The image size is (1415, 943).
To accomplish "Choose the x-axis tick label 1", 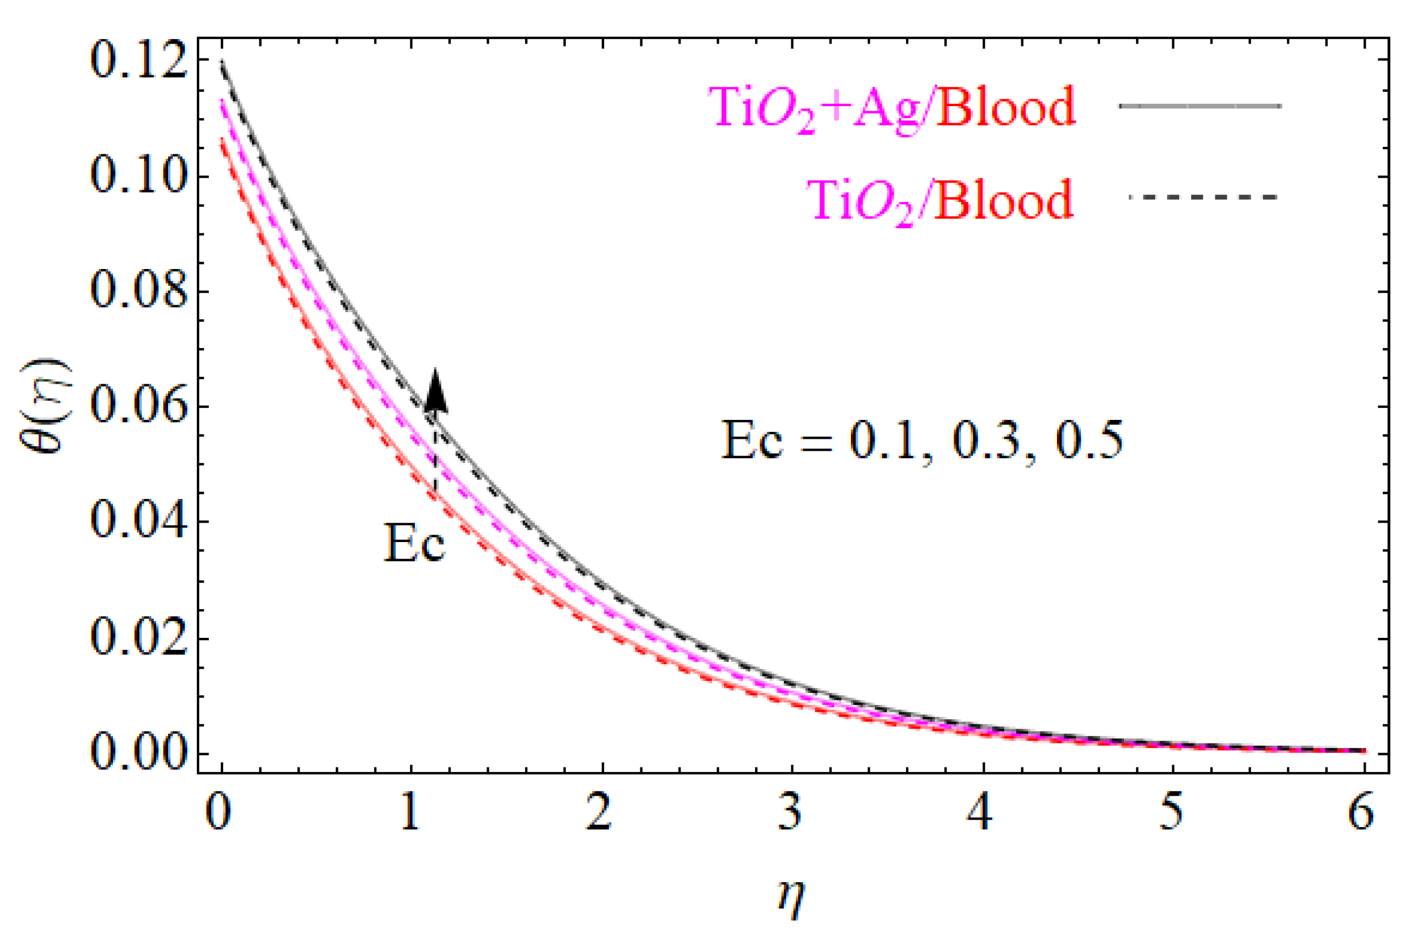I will coord(410,813).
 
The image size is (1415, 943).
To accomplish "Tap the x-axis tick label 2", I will coord(600,813).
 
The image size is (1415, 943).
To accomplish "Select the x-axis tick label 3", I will coord(791,813).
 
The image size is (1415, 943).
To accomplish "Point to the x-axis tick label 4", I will coord(981,813).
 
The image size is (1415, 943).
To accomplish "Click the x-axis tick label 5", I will coord(1171,813).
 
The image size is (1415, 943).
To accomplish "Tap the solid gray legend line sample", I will coord(1200,106).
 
